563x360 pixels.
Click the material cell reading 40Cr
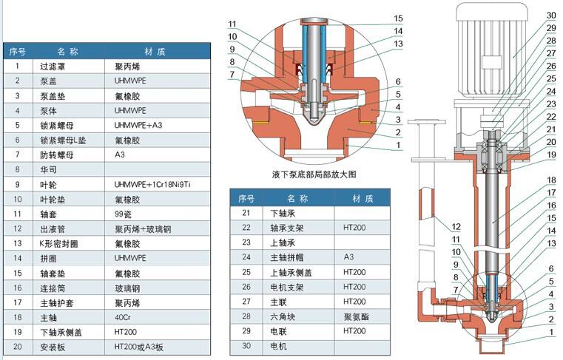[x=124, y=316]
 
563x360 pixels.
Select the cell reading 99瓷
[x=124, y=214]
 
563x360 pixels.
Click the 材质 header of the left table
[x=155, y=52]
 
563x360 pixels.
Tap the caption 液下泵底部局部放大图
[x=314, y=175]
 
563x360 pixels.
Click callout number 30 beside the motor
[x=550, y=15]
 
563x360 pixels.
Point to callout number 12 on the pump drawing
[x=456, y=225]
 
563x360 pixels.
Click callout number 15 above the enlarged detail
[x=398, y=18]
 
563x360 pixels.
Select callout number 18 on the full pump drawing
[x=550, y=180]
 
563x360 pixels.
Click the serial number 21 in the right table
[x=246, y=212]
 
